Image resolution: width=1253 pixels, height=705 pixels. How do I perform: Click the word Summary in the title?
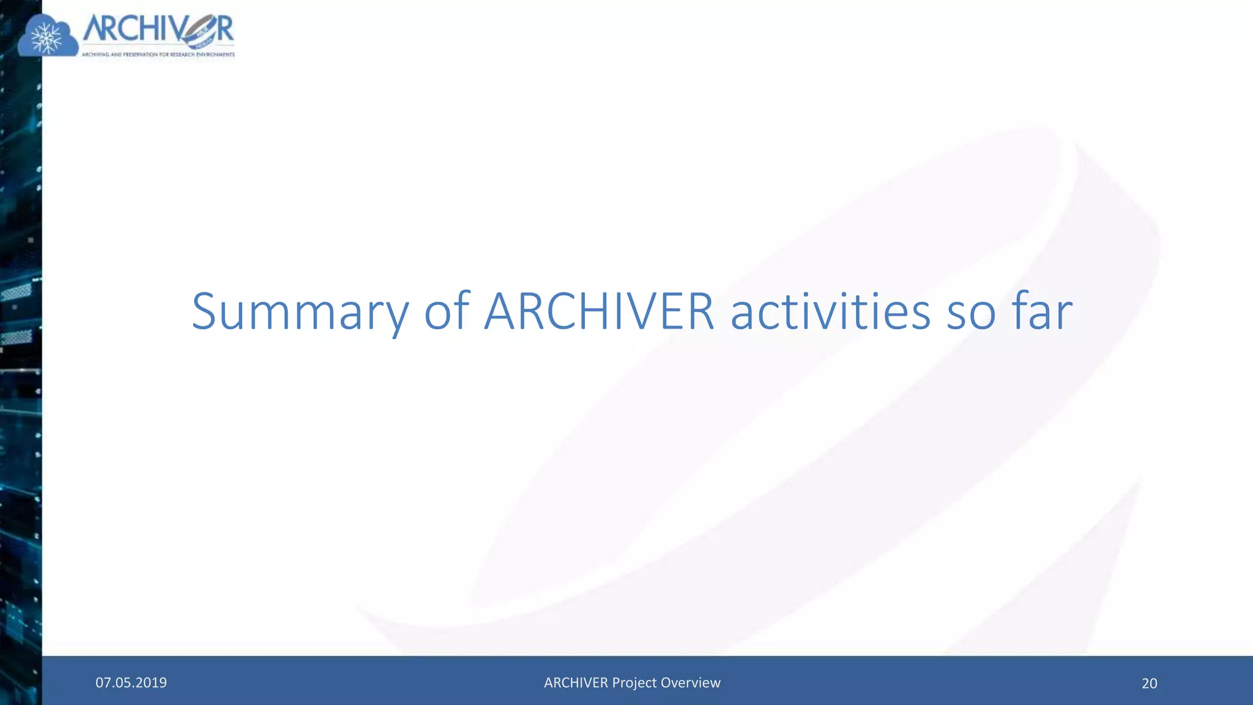300,312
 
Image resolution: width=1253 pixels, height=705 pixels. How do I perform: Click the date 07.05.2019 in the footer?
131,682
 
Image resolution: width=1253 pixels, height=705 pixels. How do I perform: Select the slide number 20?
1149,683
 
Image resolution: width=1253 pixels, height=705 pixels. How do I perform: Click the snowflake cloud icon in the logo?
48,37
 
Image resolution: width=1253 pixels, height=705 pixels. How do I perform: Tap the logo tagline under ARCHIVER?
158,54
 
